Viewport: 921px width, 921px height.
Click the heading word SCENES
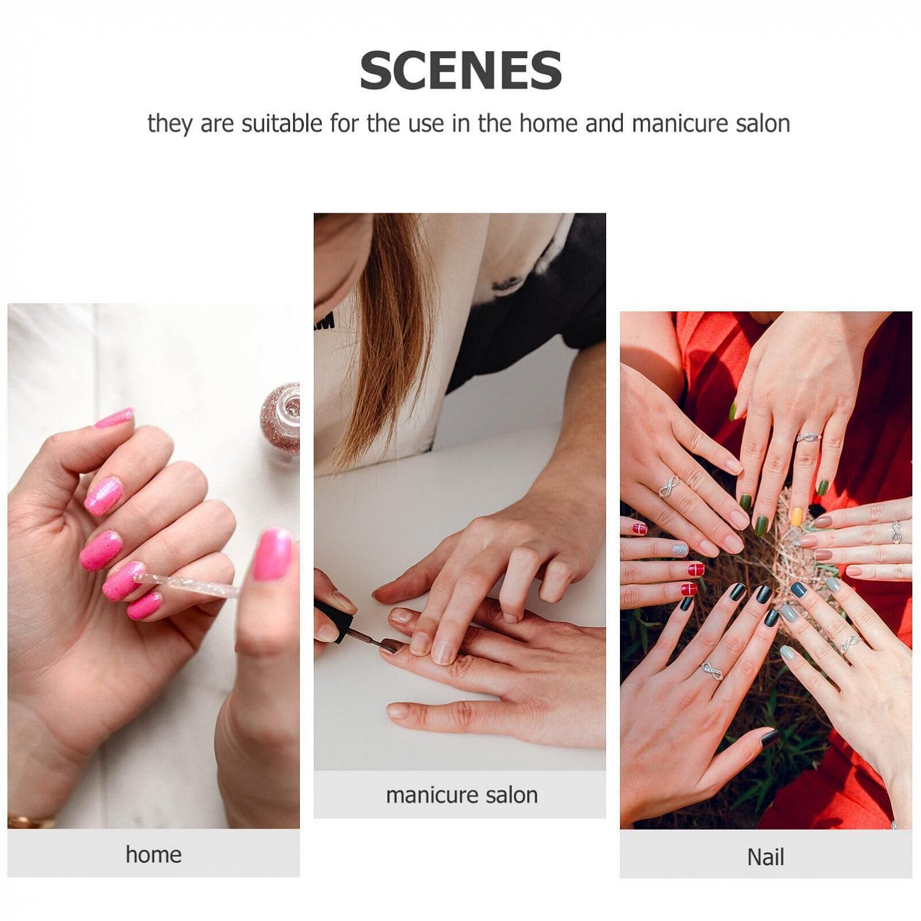461,70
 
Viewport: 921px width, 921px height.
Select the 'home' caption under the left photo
153,854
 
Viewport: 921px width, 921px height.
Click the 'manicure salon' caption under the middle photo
462,795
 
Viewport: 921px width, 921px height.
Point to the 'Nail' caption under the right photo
766,857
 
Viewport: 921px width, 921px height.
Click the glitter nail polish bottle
281,417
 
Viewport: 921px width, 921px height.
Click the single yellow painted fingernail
797,516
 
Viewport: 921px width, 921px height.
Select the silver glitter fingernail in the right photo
680,549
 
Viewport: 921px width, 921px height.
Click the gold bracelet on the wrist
29,821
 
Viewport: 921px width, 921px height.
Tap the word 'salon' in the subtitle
763,124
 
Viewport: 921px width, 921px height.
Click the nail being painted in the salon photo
389,645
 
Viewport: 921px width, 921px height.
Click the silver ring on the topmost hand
808,437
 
